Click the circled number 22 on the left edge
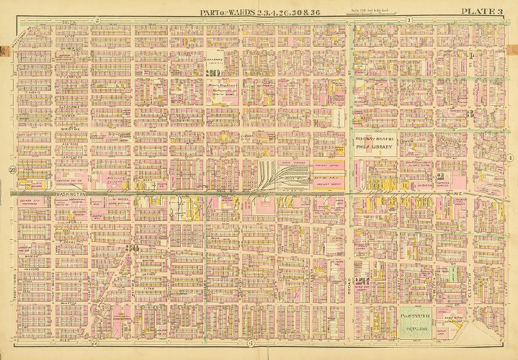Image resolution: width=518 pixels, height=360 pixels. pyautogui.click(x=12, y=170)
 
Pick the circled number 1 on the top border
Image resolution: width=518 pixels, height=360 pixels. pyautogui.click(x=408, y=19)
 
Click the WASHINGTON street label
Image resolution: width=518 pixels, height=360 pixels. pyautogui.click(x=68, y=194)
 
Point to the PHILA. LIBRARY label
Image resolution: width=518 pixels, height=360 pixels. pyautogui.click(x=375, y=148)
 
